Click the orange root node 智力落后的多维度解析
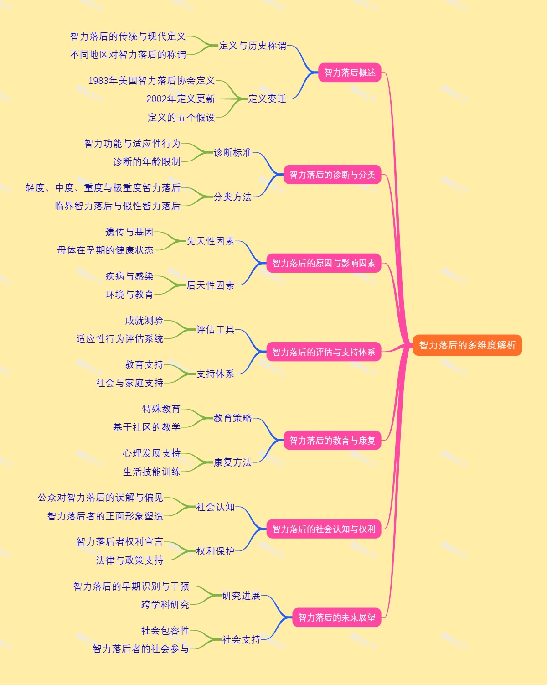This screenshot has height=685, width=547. click(467, 345)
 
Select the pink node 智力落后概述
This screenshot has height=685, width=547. click(350, 73)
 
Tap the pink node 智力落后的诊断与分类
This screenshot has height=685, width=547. click(332, 175)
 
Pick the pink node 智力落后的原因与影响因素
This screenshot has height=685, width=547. click(324, 263)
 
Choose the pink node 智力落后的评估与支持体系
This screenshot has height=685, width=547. click(324, 352)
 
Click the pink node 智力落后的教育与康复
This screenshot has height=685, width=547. click(332, 441)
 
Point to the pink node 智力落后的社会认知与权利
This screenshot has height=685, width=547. click(324, 529)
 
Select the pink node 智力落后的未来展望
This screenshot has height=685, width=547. click(337, 618)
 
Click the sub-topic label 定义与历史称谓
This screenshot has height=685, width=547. click(253, 46)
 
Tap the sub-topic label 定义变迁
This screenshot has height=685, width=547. click(267, 99)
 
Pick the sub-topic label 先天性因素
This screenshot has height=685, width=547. click(211, 241)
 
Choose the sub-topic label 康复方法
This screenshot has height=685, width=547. click(232, 462)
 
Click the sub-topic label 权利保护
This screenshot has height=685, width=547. click(215, 551)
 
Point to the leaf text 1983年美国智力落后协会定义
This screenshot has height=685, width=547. click(151, 81)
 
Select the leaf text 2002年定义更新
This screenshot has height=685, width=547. click(181, 99)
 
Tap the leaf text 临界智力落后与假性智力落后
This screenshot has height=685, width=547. click(118, 206)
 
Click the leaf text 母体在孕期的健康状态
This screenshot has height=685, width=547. click(105, 250)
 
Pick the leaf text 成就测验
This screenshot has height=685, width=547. click(144, 321)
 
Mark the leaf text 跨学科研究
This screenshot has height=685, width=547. click(165, 605)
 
